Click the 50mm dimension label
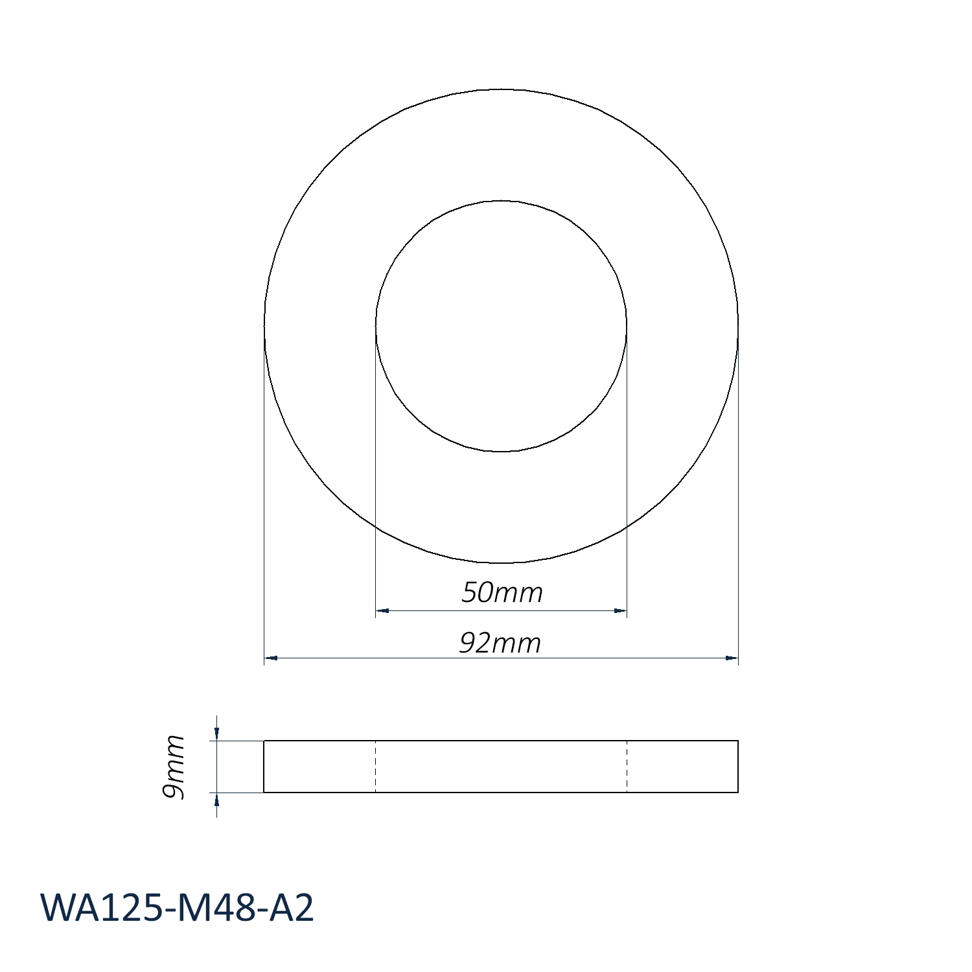coord(502,592)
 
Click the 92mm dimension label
coord(500,643)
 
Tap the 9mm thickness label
coord(174,767)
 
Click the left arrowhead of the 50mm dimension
coord(382,610)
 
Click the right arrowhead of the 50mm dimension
coord(621,610)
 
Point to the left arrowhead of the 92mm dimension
coord(271,658)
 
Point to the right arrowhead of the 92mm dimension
coord(732,658)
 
